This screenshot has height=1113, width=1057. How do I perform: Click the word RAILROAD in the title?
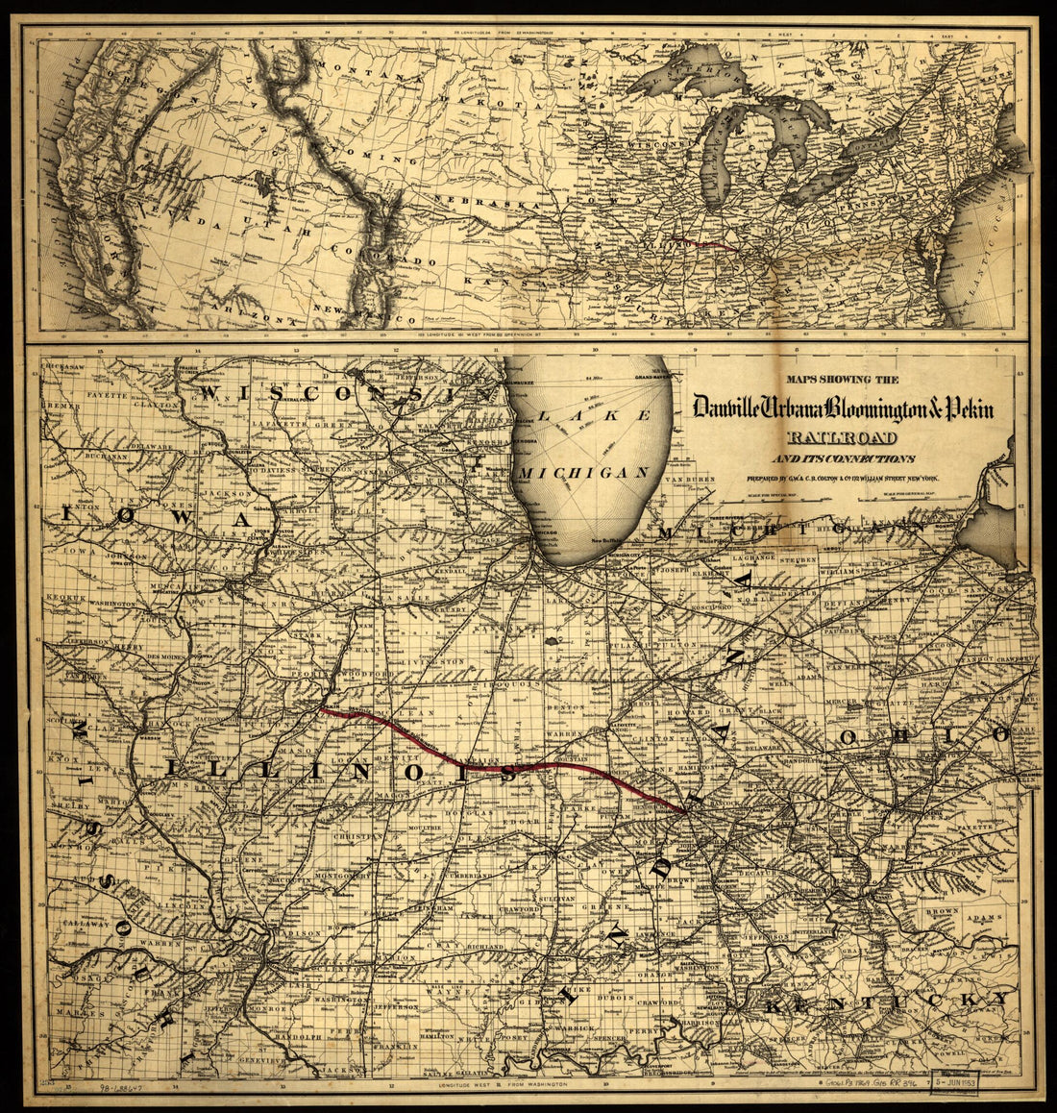[845, 438]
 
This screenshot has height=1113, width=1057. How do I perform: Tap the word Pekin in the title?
[961, 408]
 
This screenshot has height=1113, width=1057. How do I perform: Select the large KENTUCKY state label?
[889, 1003]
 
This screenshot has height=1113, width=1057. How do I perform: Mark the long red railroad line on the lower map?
[500, 766]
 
